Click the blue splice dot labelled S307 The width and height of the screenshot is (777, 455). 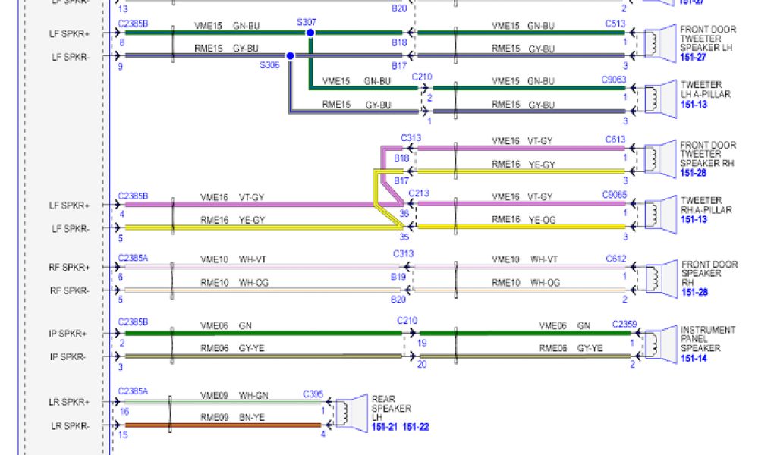[310, 33]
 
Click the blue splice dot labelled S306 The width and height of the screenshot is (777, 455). [290, 55]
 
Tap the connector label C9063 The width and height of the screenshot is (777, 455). [614, 79]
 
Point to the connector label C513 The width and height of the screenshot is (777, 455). [615, 24]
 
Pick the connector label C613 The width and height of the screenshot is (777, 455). [615, 139]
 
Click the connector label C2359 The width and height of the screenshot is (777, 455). [624, 325]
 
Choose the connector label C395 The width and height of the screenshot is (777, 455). [313, 394]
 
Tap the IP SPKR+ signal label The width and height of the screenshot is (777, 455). [68, 334]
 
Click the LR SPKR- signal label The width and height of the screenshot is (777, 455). [70, 426]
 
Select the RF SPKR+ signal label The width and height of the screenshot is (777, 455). [70, 268]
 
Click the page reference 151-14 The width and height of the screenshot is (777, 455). [694, 359]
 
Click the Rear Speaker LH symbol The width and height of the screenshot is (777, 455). [346, 413]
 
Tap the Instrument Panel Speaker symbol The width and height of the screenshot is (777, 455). [655, 344]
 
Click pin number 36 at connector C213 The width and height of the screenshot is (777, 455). [404, 213]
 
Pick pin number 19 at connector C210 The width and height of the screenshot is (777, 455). [422, 343]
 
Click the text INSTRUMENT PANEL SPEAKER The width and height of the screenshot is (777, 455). [707, 339]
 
